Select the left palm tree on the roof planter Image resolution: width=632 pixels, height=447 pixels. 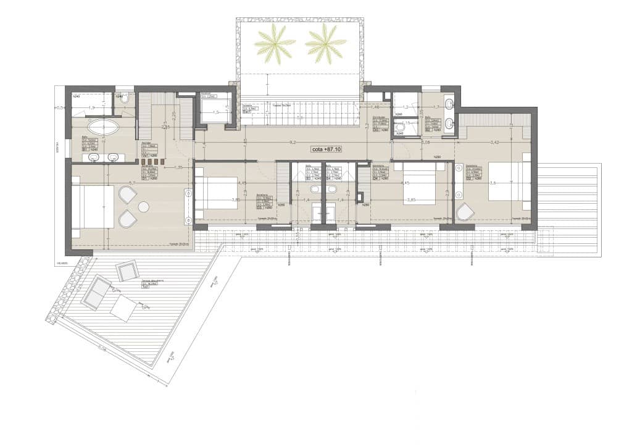pyautogui.click(x=275, y=44)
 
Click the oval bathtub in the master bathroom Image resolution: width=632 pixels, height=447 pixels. pyautogui.click(x=104, y=127)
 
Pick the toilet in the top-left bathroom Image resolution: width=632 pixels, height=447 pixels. pyautogui.click(x=122, y=97)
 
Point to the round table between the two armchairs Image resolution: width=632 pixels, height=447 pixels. pyautogui.click(x=144, y=207)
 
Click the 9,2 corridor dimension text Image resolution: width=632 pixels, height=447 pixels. pyautogui.click(x=292, y=141)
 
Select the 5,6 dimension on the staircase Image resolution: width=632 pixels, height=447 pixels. pyautogui.click(x=300, y=117)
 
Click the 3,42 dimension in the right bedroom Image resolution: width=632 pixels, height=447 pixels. pyautogui.click(x=494, y=142)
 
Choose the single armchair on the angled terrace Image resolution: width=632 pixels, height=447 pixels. pyautogui.click(x=128, y=271)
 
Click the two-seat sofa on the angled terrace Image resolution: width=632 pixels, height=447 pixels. pyautogui.click(x=96, y=293)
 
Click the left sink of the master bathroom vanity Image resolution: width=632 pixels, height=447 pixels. pyautogui.click(x=94, y=158)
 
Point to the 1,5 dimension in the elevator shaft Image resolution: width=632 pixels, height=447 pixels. pyautogui.click(x=217, y=112)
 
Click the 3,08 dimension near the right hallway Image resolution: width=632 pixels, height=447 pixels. pyautogui.click(x=425, y=142)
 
